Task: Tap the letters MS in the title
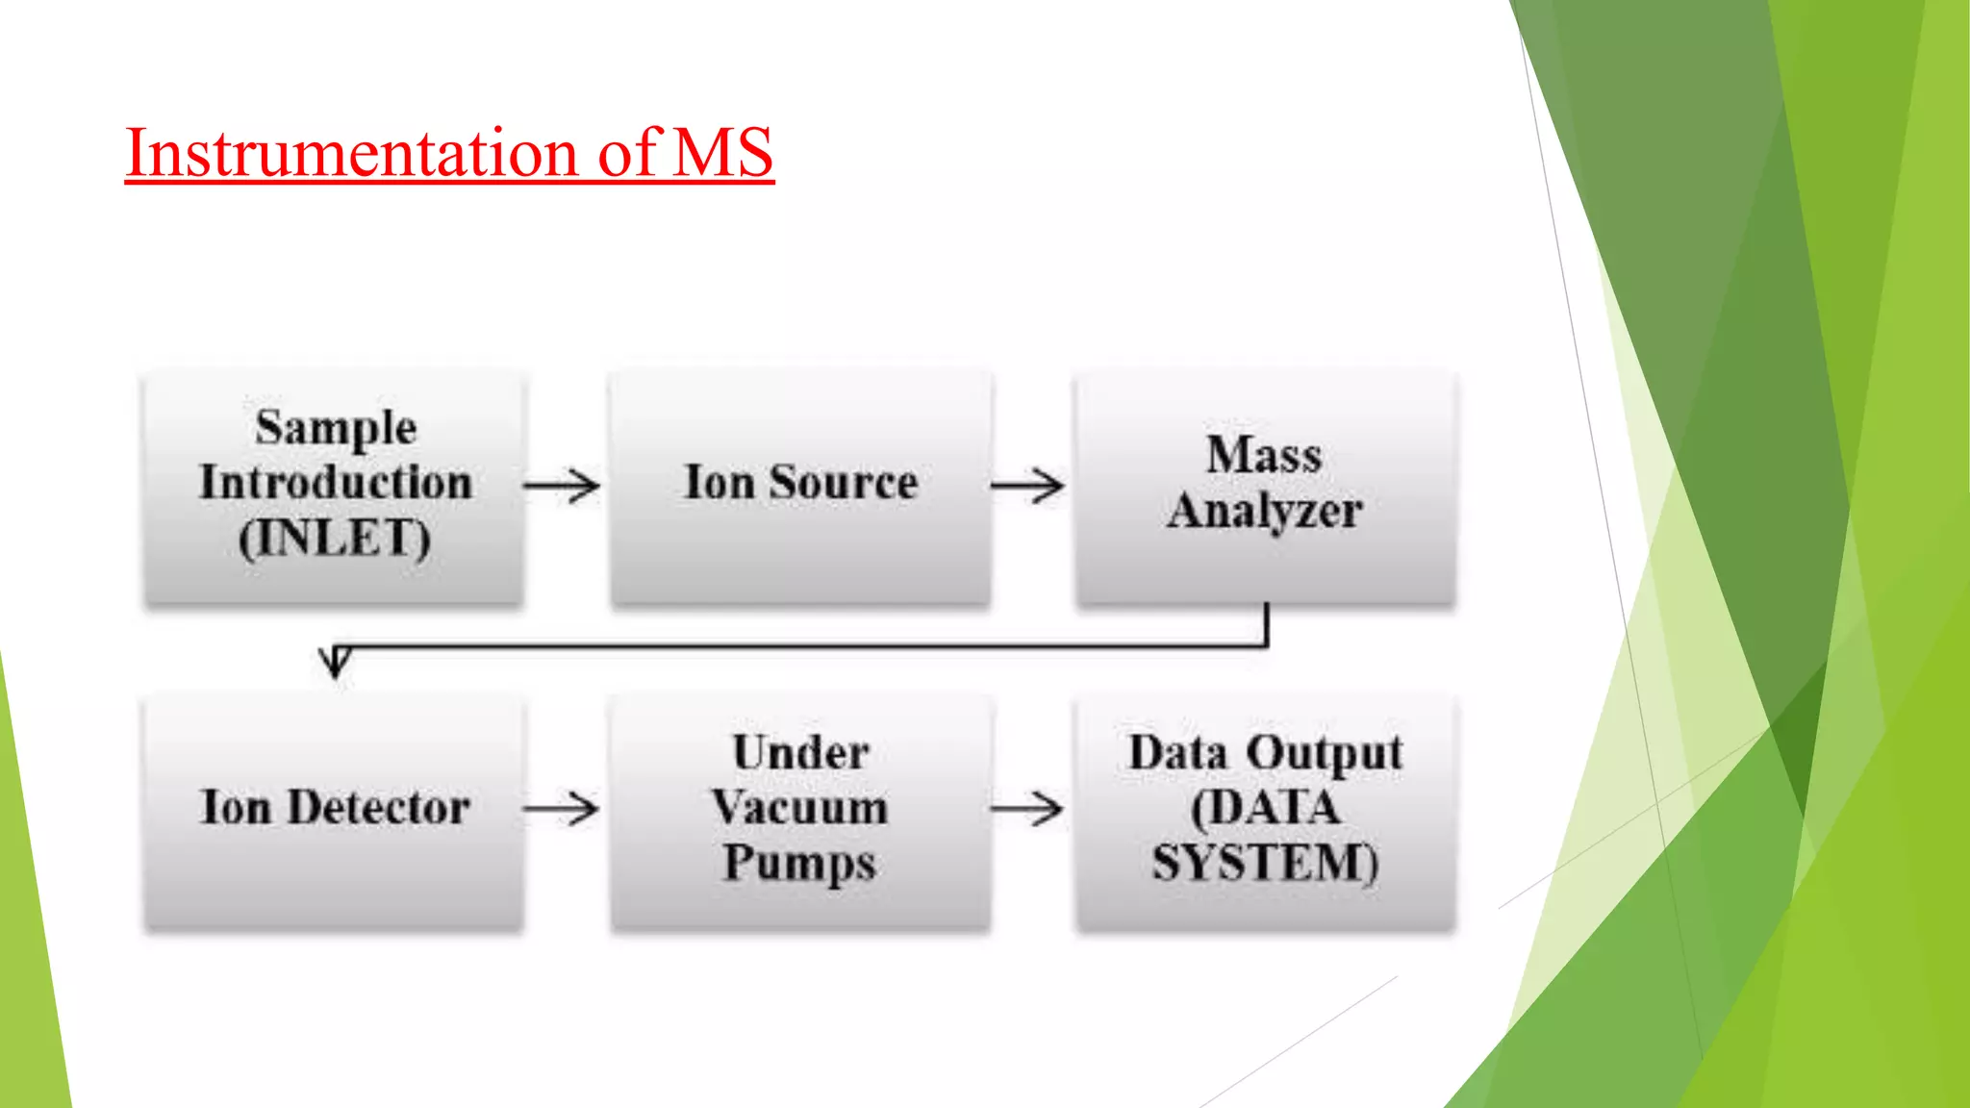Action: coord(723,153)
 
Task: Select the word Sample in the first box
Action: coord(336,428)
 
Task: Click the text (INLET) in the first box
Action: coord(335,538)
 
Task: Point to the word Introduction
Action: coord(336,483)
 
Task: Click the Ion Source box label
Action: coord(800,483)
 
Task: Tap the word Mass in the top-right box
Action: coord(1264,455)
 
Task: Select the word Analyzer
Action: coord(1264,511)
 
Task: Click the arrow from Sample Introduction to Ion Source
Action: coord(563,486)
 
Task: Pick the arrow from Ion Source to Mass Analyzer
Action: coord(1028,486)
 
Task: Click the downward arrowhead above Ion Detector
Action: coord(335,662)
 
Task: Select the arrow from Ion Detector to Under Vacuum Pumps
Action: coord(563,809)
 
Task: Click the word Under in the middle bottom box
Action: coord(800,752)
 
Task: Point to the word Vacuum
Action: coord(800,807)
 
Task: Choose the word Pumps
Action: coord(800,863)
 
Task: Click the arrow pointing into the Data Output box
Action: coord(1028,809)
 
